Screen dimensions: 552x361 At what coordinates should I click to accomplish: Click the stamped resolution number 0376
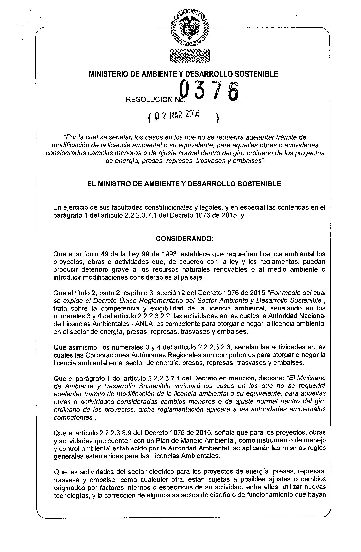coord(209,92)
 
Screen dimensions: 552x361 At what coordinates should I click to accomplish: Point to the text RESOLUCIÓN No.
coord(155,99)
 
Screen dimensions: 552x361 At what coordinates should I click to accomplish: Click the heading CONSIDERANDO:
coord(185,239)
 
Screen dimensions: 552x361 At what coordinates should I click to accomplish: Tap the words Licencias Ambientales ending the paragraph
coord(190,456)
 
